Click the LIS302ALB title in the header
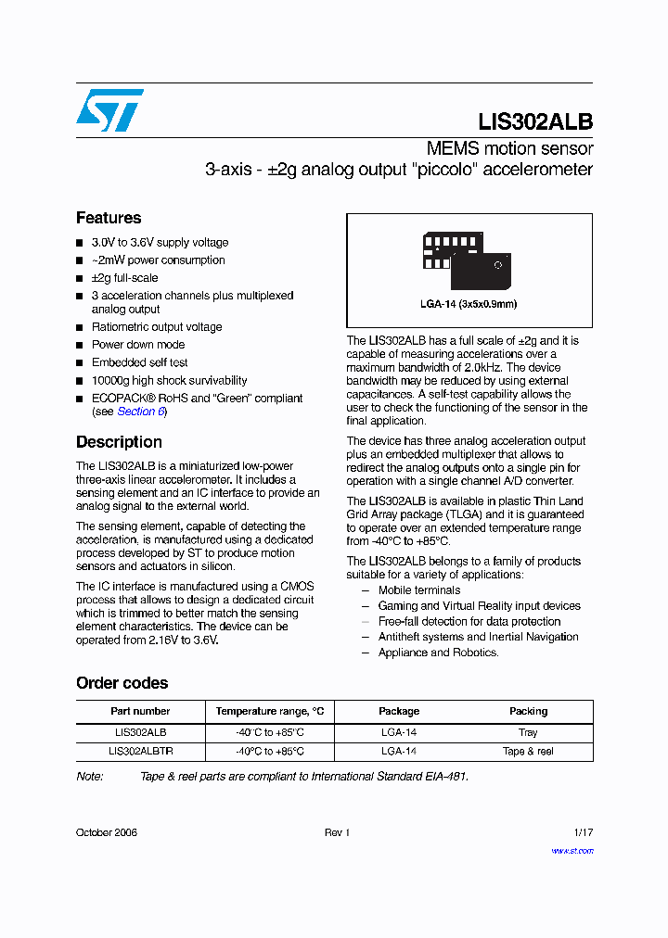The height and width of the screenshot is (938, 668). (535, 122)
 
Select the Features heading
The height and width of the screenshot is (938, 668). (109, 218)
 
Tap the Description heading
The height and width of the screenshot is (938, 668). (119, 442)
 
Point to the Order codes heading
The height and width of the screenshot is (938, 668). (122, 683)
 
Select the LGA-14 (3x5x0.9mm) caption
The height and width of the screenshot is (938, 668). (469, 304)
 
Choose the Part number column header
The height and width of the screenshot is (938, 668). (140, 711)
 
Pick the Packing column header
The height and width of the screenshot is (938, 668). (528, 711)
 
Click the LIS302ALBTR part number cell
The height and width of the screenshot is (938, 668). (140, 752)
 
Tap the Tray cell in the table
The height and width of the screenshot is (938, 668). (528, 732)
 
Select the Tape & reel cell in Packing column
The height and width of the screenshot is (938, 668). (528, 752)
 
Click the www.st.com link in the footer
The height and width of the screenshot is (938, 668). (572, 851)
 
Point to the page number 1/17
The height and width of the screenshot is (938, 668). (583, 832)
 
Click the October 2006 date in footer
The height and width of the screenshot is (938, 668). (107, 832)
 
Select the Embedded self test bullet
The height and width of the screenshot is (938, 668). (139, 362)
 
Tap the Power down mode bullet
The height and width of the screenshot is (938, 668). (138, 345)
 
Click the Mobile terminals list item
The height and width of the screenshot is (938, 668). (418, 590)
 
